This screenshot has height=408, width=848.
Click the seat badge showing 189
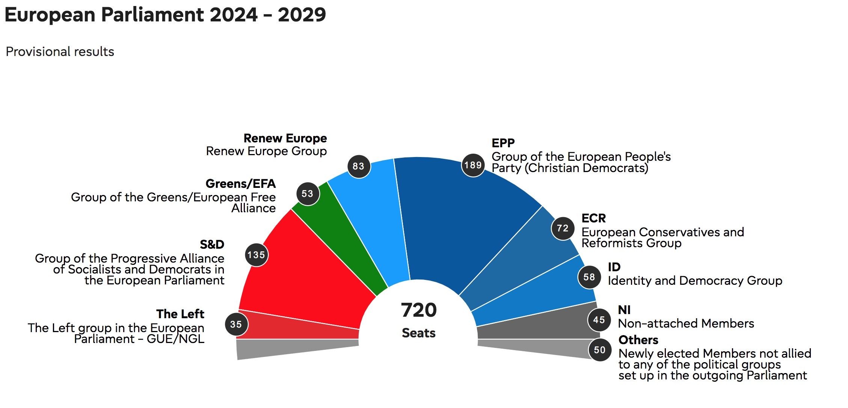[473, 165]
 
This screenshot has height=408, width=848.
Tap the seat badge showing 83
[359, 166]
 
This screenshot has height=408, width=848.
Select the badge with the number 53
[308, 193]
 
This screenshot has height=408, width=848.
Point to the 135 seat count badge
[257, 255]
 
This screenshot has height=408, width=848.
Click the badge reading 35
[236, 324]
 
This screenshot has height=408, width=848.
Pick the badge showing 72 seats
[563, 228]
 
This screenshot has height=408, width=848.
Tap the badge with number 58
[589, 277]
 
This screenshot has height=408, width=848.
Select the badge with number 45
[599, 320]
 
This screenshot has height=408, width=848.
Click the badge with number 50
[599, 350]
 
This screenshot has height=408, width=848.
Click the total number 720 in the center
[419, 310]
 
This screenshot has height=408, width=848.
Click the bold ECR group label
[593, 218]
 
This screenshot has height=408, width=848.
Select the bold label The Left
[180, 314]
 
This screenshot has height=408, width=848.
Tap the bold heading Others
[638, 340]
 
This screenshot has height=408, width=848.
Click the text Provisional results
[60, 51]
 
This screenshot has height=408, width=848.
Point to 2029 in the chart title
[302, 15]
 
